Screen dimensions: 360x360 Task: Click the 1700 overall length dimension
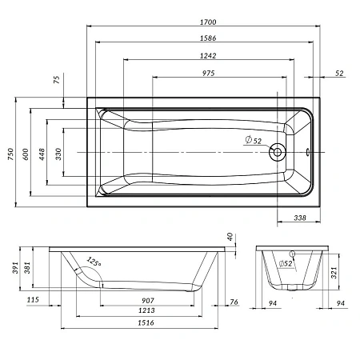[208, 22]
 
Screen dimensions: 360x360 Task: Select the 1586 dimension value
[208, 38]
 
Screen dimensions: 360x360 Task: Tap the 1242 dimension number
[208, 56]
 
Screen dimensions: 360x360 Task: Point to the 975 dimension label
[208, 73]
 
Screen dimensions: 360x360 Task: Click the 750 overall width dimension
[10, 154]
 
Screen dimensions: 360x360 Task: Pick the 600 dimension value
[26, 154]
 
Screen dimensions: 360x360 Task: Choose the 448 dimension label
[42, 154]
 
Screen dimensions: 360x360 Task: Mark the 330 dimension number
[58, 154]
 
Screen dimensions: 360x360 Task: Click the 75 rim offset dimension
[57, 79]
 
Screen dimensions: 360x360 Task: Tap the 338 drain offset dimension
[300, 218]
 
